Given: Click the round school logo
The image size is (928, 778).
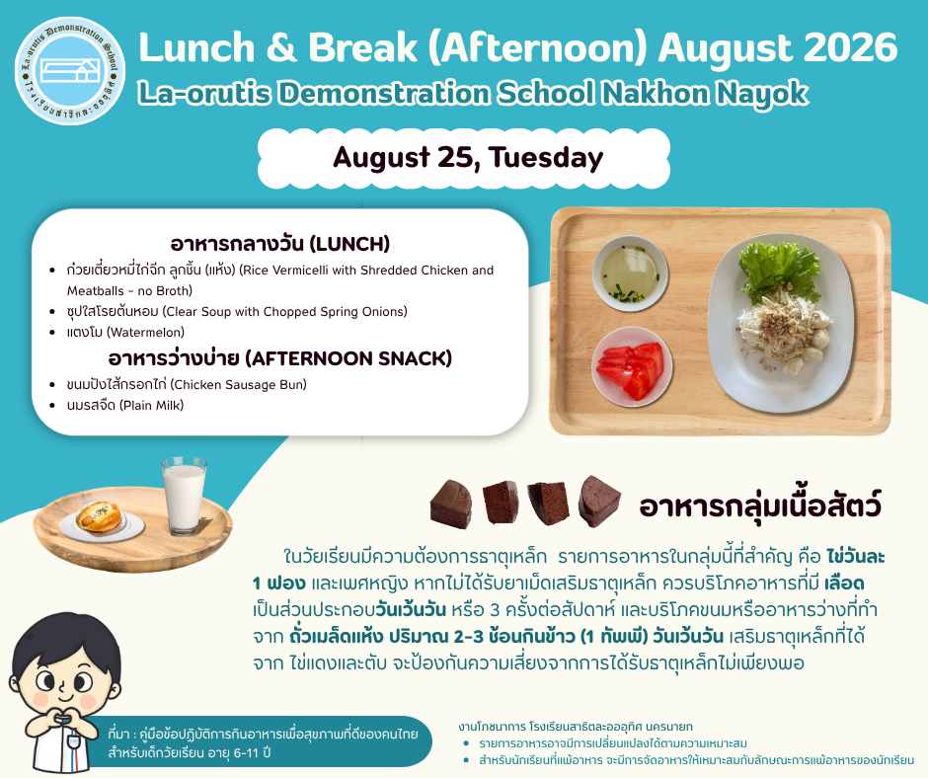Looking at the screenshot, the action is [x=70, y=70].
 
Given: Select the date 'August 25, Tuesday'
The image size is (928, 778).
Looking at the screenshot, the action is [x=468, y=158].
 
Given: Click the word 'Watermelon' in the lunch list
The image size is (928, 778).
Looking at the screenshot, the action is [x=145, y=332].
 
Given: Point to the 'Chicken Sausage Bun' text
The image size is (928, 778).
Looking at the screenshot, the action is [x=239, y=385].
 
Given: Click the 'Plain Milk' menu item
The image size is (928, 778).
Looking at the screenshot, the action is [x=153, y=406].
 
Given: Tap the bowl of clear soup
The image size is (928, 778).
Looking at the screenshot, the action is [x=630, y=273].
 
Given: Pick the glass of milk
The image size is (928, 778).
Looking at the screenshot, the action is [x=184, y=495].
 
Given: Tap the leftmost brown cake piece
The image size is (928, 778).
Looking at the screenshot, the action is [x=452, y=504].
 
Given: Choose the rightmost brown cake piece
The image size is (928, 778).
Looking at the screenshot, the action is [x=598, y=501].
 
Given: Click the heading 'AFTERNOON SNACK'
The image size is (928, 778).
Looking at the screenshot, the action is [x=348, y=358].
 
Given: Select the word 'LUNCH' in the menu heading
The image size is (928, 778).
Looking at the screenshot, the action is [x=349, y=244].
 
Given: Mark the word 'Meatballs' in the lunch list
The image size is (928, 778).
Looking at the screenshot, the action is [x=96, y=291].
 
